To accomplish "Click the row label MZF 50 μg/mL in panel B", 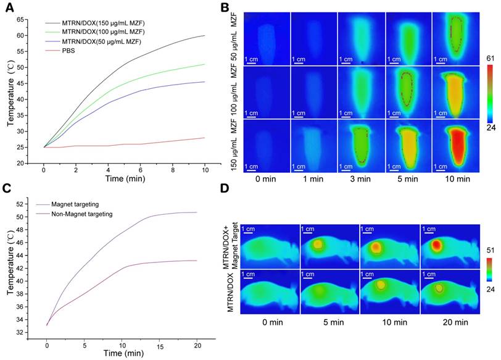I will click(x=234, y=40).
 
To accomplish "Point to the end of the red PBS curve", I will click(x=204, y=138).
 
